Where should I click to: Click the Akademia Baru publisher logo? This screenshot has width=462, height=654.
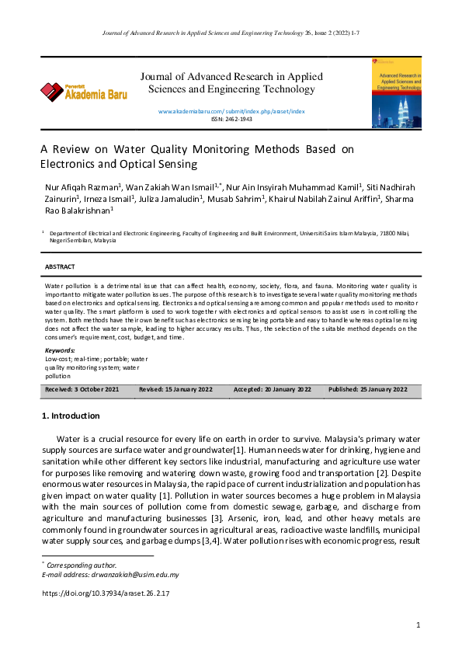click(83, 92)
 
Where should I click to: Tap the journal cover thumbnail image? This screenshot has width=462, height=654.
click(397, 92)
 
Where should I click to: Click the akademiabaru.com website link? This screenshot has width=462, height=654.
click(231, 112)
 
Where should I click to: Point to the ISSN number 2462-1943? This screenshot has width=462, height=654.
click(231, 120)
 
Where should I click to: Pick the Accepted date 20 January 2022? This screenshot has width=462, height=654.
click(273, 389)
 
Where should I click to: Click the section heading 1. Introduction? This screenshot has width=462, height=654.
click(70, 416)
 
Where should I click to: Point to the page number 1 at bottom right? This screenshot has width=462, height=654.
click(418, 625)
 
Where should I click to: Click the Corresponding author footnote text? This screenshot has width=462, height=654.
click(81, 565)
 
